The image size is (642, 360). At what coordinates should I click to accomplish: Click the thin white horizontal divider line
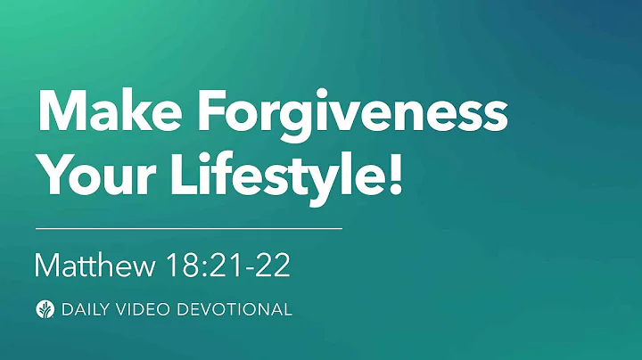coord(188,229)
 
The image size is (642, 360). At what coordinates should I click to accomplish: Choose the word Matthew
coord(95,265)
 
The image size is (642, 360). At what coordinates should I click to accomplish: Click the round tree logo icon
coord(43,309)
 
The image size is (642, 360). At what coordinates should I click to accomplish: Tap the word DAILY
coord(85,310)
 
